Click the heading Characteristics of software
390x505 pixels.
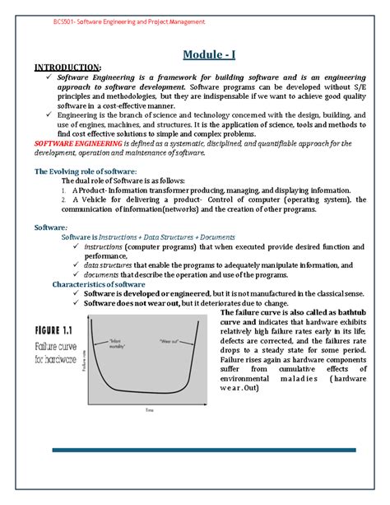click(x=100, y=283)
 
